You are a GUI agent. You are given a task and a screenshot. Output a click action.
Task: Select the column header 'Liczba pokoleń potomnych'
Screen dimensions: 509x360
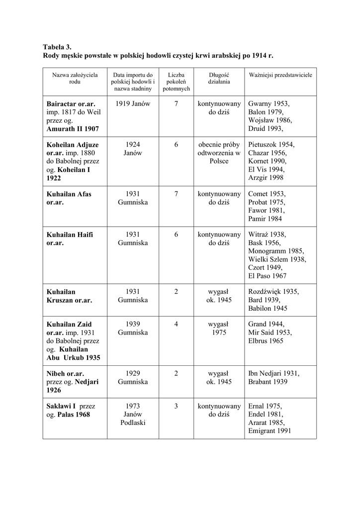[176, 81]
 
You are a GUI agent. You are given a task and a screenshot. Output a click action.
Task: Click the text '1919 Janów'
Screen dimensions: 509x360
[133, 103]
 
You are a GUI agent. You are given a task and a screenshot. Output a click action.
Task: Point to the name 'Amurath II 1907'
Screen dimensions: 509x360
[73, 129]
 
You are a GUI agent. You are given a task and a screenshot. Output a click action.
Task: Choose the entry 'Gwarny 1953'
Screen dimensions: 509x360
[269, 103]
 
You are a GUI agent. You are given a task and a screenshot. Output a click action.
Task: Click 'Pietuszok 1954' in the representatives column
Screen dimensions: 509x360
[271, 144]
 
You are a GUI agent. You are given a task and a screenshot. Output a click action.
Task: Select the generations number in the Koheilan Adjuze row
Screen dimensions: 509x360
[176, 144]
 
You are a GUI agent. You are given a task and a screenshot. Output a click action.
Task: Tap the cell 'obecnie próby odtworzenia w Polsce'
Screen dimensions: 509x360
[219, 153]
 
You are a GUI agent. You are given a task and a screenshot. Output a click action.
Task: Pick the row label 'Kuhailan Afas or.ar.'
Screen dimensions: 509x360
[69, 198]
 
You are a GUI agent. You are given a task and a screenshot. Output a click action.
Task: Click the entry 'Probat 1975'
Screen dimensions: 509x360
[267, 202]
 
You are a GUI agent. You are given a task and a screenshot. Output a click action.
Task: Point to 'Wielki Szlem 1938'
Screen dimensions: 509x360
[277, 259]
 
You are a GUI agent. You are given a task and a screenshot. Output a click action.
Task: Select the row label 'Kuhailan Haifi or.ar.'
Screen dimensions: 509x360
[70, 238]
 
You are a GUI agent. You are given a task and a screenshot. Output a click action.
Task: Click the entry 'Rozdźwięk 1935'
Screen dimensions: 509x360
[273, 291]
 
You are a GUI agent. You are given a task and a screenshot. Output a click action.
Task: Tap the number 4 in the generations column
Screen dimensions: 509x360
[176, 324]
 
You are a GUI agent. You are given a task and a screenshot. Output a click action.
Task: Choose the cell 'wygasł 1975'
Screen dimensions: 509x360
[219, 328]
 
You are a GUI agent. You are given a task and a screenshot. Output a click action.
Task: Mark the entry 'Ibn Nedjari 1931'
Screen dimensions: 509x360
[273, 373]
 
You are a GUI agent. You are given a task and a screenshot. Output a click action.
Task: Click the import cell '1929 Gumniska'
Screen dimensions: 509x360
[133, 377]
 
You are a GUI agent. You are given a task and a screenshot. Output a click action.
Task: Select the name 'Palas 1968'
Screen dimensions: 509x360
[74, 414]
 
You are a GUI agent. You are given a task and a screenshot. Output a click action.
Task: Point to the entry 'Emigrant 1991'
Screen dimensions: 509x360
[270, 431]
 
